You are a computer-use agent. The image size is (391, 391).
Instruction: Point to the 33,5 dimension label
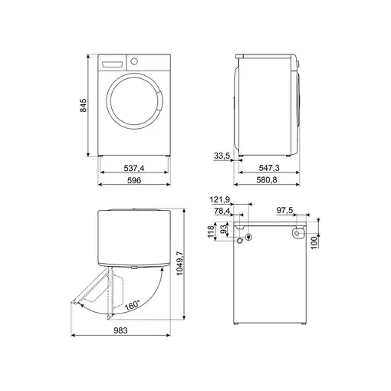click(222, 156)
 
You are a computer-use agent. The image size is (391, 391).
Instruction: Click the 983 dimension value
click(121, 330)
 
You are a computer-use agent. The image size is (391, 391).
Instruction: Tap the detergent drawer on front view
click(112, 62)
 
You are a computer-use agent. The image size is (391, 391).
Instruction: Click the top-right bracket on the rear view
click(298, 232)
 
